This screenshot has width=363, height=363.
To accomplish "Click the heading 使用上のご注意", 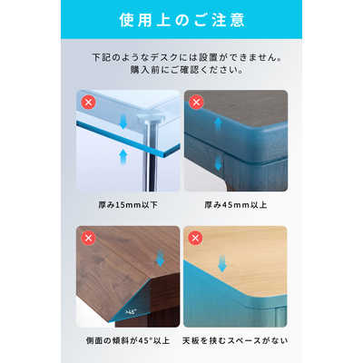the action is pos(181,20).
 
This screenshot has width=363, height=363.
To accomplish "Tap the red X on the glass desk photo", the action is pos(88,103).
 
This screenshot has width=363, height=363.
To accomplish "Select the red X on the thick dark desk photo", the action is pos(196,103).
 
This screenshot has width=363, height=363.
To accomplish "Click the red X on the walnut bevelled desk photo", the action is pos(88,238).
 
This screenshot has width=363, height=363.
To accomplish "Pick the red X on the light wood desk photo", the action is pos(195,238).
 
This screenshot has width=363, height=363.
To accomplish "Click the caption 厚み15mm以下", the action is pos(128,205).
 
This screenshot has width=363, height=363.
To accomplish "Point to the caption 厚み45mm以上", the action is pos(236,205).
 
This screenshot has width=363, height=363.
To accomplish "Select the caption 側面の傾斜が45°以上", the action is pos(128,340).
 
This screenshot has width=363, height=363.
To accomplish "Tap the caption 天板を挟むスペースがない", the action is pos(235,340).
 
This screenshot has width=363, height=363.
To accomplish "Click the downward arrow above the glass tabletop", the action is pos(123,121).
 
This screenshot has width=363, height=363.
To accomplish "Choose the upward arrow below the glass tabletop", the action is pos(123,156).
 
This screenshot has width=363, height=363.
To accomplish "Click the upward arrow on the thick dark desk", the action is pos(218,124).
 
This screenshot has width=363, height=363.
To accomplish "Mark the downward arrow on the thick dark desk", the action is pos(218,162).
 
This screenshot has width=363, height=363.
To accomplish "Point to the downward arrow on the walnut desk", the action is pos(160,259).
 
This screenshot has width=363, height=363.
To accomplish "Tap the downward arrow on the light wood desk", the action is pos(222,262).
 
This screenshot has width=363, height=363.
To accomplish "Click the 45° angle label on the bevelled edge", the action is pos(131,311).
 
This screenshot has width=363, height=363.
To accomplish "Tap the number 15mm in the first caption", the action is pos(128,205).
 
